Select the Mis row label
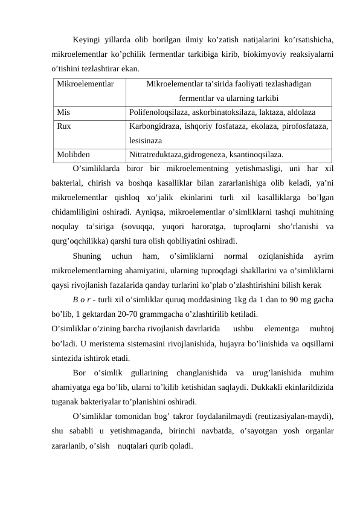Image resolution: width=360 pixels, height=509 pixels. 63,112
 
